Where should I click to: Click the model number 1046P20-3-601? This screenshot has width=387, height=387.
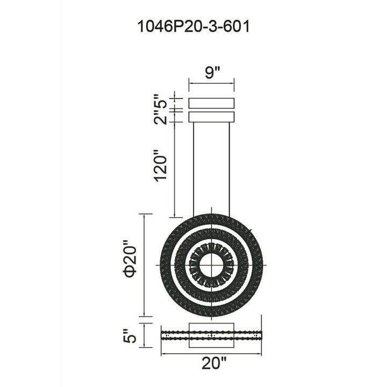[193, 26]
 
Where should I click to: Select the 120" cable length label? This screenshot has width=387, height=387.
[160, 166]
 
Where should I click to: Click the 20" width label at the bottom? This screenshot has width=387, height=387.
[214, 363]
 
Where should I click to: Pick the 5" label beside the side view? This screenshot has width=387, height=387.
[130, 335]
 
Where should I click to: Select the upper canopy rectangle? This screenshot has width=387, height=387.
[212, 103]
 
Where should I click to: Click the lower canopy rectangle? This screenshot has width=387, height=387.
[212, 117]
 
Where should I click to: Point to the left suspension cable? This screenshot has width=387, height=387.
[193, 170]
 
